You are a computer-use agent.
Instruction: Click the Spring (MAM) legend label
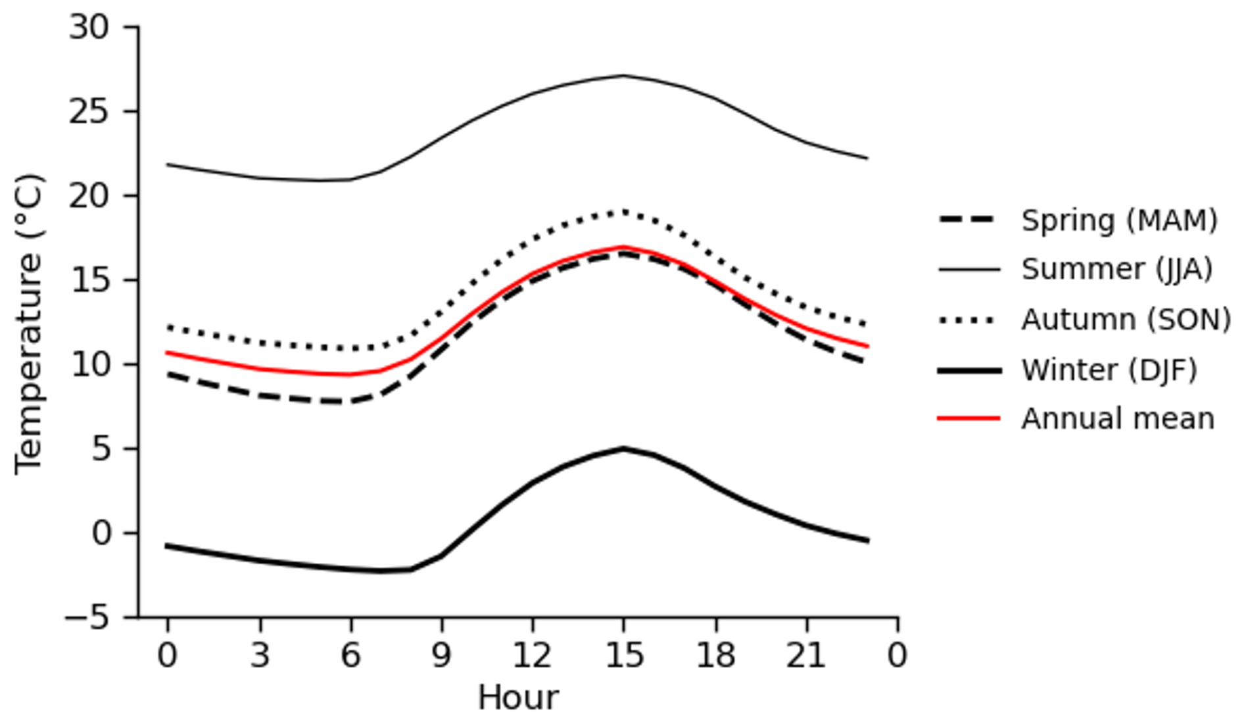pyautogui.click(x=1119, y=220)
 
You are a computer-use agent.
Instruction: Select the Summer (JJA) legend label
pyautogui.click(x=1116, y=270)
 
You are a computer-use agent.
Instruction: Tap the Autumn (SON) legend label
pyautogui.click(x=1126, y=320)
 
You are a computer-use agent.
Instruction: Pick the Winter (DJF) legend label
pyautogui.click(x=1109, y=370)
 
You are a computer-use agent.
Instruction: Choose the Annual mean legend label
pyautogui.click(x=1117, y=419)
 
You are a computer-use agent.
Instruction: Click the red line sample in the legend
pyautogui.click(x=969, y=418)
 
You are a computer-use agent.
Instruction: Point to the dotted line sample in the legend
pyautogui.click(x=969, y=320)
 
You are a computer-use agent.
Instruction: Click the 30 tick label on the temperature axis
pyautogui.click(x=89, y=28)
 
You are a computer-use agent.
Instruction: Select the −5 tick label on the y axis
pyautogui.click(x=87, y=617)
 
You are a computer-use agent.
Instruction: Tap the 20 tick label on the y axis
pyautogui.click(x=89, y=196)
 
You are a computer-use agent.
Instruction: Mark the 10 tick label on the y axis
pyautogui.click(x=89, y=364)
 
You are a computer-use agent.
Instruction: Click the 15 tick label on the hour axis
pyautogui.click(x=623, y=655)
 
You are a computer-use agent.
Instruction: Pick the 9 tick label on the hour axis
pyautogui.click(x=441, y=655)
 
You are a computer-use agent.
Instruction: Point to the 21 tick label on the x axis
pyautogui.click(x=806, y=655)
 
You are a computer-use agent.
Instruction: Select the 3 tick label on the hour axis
pyautogui.click(x=260, y=655)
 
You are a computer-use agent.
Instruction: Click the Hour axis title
pyautogui.click(x=518, y=698)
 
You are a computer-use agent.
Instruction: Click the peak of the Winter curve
pyautogui.click(x=623, y=449)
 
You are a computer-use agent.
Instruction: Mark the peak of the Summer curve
pyautogui.click(x=623, y=76)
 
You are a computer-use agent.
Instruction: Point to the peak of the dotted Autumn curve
pyautogui.click(x=623, y=212)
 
